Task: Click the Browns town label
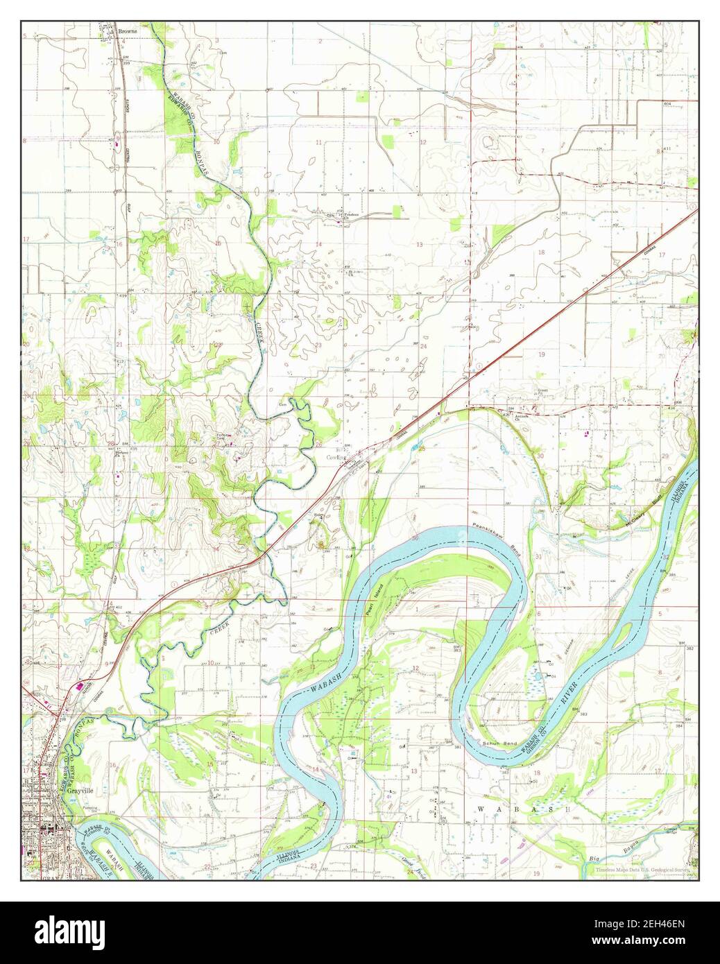(128, 31)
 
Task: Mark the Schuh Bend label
(505, 743)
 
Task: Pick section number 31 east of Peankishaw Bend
(538, 557)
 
